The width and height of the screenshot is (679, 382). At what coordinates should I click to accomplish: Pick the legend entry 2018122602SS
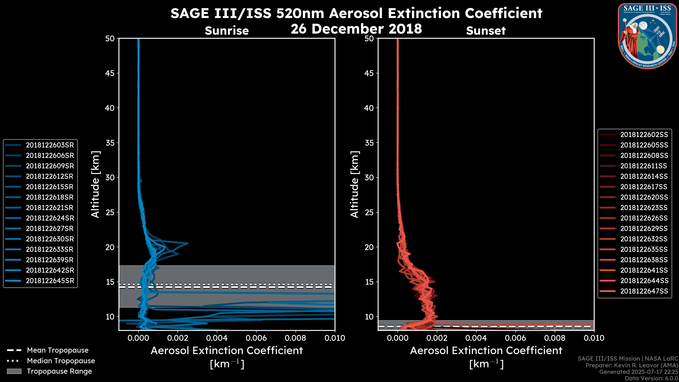point(644,135)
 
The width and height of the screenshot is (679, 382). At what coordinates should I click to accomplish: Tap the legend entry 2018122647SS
point(644,291)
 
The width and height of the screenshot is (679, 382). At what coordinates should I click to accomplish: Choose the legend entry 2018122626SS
point(644,218)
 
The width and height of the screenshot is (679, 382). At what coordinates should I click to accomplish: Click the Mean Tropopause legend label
point(58,350)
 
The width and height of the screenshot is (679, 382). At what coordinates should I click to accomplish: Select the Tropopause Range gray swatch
point(14,371)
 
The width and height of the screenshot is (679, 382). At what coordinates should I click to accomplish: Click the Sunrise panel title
point(227,31)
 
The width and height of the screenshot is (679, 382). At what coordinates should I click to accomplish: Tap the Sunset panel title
point(486,31)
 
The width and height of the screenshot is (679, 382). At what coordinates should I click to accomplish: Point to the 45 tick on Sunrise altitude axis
point(110,73)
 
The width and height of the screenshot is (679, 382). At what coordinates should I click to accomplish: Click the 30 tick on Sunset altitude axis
point(369,177)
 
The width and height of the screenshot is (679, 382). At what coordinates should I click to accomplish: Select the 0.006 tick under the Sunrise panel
point(256,338)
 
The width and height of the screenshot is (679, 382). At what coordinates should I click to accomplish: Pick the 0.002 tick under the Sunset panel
point(437,338)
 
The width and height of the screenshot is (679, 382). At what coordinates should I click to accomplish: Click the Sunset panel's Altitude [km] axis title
point(355,184)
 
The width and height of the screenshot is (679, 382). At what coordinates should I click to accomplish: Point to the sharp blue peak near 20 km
point(187,243)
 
